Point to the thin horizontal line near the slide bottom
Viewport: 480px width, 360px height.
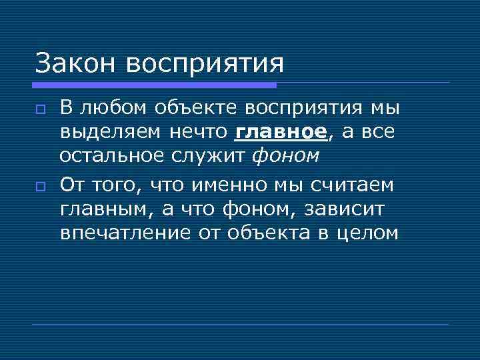click(x=240, y=325)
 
